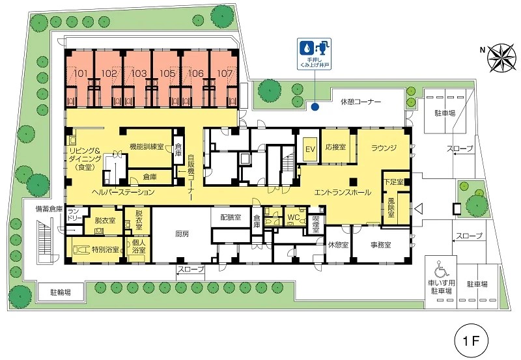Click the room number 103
click(139, 73)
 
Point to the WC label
click(294, 217)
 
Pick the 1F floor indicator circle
click(471, 340)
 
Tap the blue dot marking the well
click(315, 107)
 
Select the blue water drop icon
click(306, 48)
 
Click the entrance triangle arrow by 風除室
click(418, 209)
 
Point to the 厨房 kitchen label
click(182, 234)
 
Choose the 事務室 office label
click(381, 245)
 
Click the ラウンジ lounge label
click(384, 148)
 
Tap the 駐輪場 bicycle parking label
click(61, 292)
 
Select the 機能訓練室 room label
click(147, 146)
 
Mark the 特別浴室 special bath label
click(106, 250)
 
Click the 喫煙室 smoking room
click(316, 224)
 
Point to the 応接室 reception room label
click(335, 146)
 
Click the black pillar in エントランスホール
click(353, 182)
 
